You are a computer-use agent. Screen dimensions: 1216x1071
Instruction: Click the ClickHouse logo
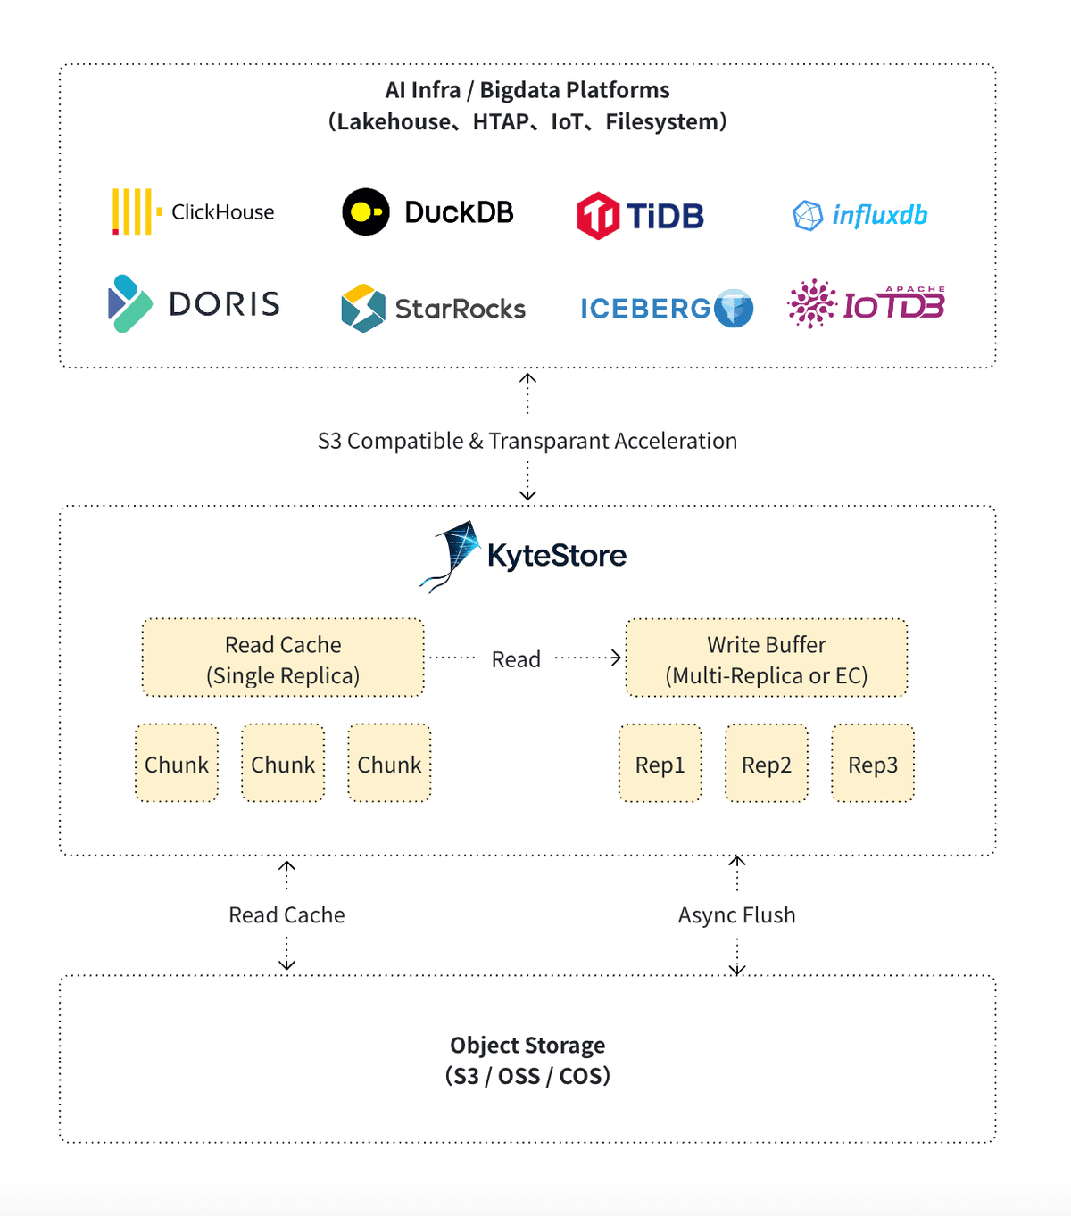pos(193,211)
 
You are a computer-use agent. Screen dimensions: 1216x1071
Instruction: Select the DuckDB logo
pos(428,212)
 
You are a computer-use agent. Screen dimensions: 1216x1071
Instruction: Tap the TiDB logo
pos(640,215)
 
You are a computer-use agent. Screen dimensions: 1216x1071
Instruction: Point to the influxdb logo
pos(859,215)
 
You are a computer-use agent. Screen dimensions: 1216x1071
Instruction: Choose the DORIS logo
pos(193,303)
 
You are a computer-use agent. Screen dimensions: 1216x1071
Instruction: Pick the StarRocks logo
pos(433,308)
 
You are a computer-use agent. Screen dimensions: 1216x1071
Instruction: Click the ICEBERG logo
pos(666,308)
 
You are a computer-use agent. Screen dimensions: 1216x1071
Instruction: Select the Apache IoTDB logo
pos(866,304)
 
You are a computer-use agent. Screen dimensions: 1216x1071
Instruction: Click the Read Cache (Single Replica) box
pos(283,658)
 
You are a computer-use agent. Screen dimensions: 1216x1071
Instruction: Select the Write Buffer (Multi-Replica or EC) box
pos(767,658)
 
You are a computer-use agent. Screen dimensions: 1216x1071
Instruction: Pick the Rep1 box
pos(660,764)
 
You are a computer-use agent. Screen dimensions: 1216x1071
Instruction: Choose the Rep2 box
pos(767,764)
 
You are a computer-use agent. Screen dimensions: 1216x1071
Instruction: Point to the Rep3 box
pos(873,764)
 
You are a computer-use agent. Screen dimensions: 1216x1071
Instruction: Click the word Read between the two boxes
pos(516,659)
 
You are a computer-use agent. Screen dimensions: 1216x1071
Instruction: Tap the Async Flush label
pos(736,914)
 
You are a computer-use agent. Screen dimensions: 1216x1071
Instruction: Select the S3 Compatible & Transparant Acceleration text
pos(527,441)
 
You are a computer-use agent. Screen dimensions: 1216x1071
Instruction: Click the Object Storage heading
pos(527,1045)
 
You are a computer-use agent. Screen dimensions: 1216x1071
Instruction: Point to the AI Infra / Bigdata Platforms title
pos(527,90)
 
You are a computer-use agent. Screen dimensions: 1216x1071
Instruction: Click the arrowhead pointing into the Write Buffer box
pos(616,658)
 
